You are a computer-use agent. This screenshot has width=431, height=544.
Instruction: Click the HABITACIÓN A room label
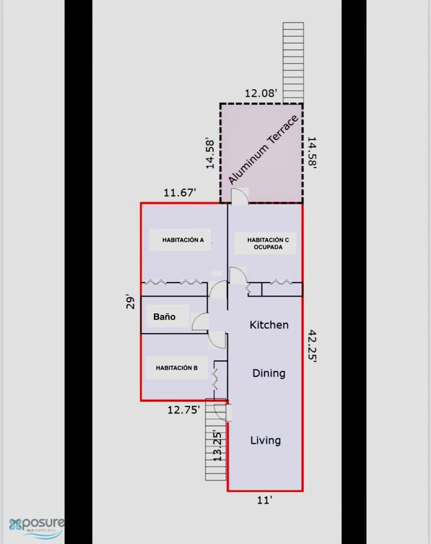pos(183,240)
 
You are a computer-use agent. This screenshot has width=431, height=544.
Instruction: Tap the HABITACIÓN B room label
pos(176,368)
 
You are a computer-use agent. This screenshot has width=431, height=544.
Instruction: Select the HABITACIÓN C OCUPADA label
pos(268,243)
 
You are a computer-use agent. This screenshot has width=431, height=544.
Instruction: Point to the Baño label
pos(164,316)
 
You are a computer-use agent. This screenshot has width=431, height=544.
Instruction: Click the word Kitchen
pos(269,325)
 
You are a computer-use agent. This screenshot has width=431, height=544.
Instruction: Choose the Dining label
pos(269,374)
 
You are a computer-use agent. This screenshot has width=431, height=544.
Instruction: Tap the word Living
pos(266,441)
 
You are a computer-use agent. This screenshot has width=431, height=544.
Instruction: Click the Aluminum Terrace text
pos(263,150)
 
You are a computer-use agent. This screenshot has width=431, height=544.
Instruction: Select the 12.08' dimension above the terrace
pos(261,94)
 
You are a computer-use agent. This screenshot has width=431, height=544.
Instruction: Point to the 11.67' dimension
pos(180,192)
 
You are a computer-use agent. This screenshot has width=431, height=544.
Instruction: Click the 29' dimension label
pos(130,302)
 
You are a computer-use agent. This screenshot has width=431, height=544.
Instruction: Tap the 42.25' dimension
pos(312,346)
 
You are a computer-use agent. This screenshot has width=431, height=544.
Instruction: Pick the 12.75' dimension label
pos(184,410)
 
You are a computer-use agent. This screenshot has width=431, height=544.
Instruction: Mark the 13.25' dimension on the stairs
pos(217,446)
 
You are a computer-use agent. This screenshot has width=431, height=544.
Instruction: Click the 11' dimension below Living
pos(264,500)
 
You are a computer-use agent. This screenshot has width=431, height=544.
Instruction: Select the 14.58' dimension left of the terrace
pos(210,154)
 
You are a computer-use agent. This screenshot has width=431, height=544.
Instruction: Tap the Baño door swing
pos(200,321)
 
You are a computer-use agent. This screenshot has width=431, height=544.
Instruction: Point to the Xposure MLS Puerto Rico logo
pos(36,527)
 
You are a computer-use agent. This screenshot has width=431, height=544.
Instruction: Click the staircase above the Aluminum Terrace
pos(293,63)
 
